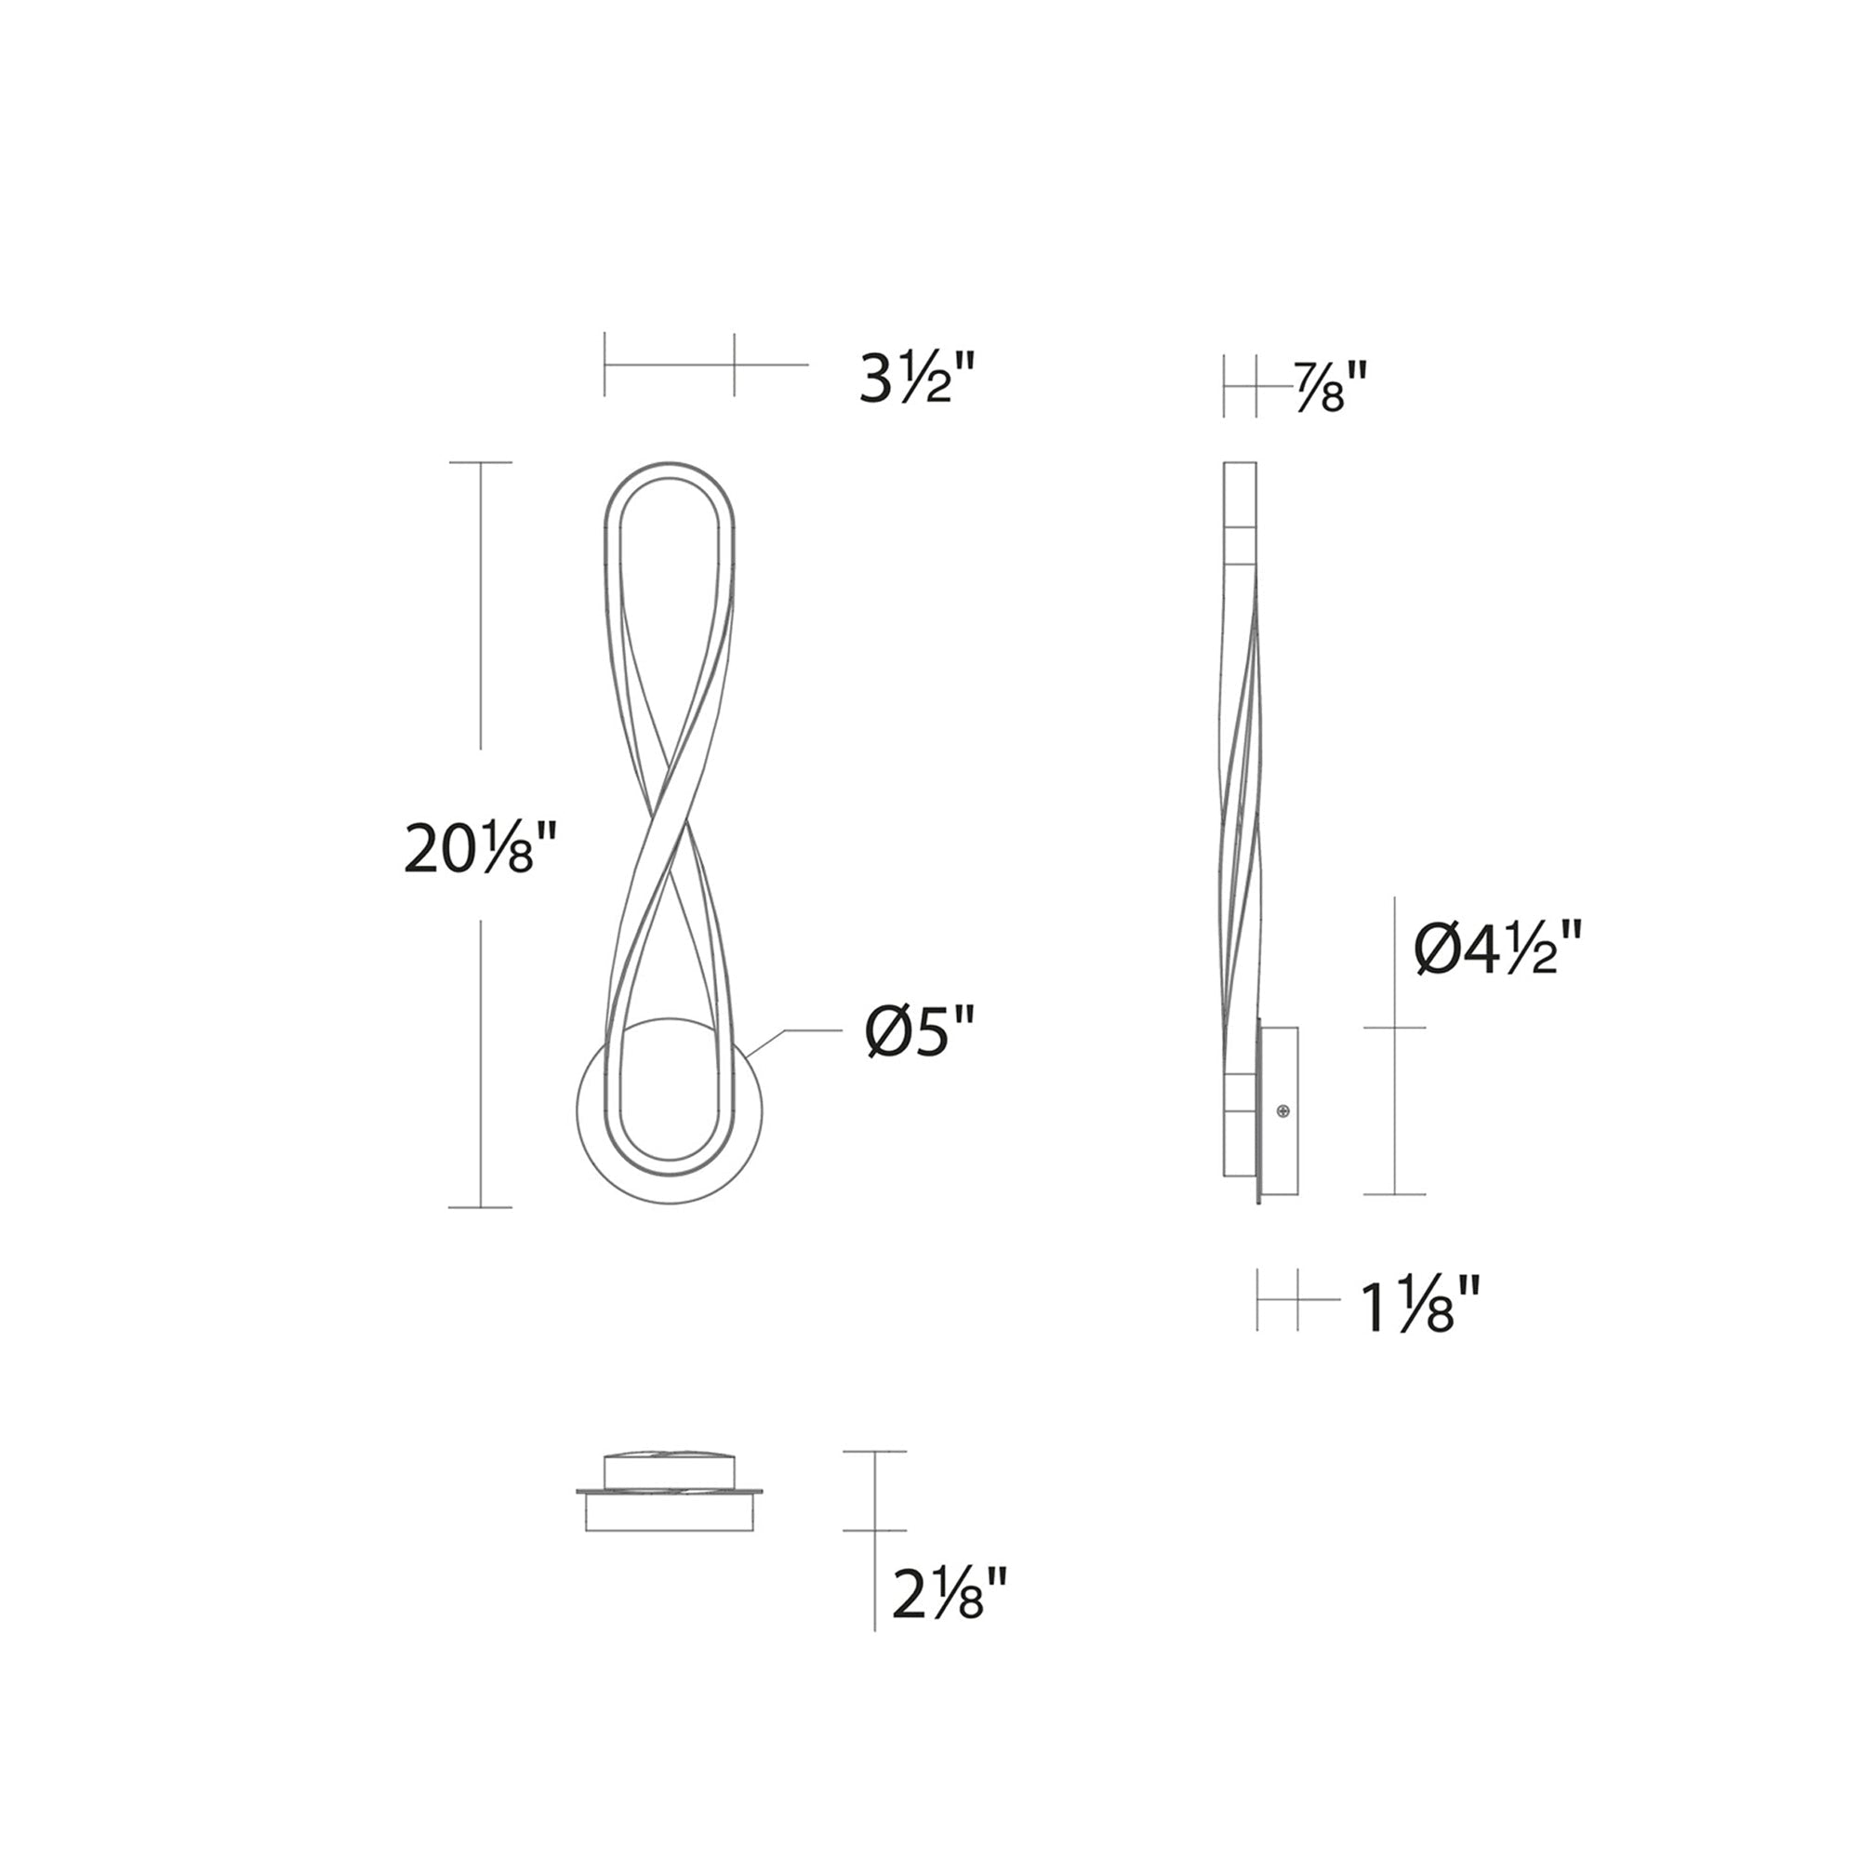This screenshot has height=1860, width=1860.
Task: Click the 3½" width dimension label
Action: tap(918, 378)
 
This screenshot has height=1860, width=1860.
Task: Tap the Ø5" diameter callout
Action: tap(920, 1032)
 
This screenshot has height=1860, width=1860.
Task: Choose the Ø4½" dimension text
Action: tap(1498, 949)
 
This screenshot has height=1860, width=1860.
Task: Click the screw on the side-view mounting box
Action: tap(1282, 1112)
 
